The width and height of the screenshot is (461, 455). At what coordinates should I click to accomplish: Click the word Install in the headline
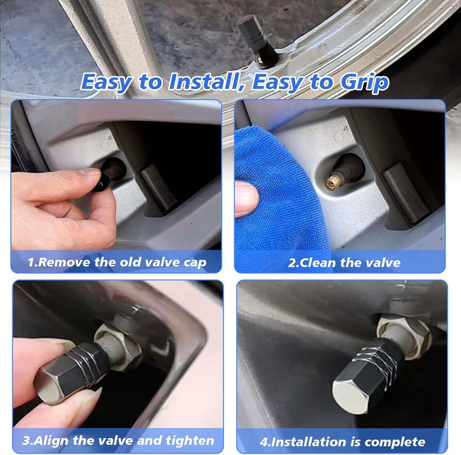[x=203, y=82]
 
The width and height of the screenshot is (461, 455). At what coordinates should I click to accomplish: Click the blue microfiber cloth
[x=277, y=197]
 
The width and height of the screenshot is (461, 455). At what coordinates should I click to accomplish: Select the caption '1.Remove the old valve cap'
[x=117, y=262]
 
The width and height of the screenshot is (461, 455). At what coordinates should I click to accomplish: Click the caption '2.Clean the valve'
[x=344, y=263]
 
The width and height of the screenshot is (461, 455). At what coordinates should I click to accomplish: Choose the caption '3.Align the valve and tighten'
[x=118, y=441]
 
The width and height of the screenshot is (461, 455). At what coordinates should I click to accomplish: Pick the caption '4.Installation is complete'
[x=342, y=442]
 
